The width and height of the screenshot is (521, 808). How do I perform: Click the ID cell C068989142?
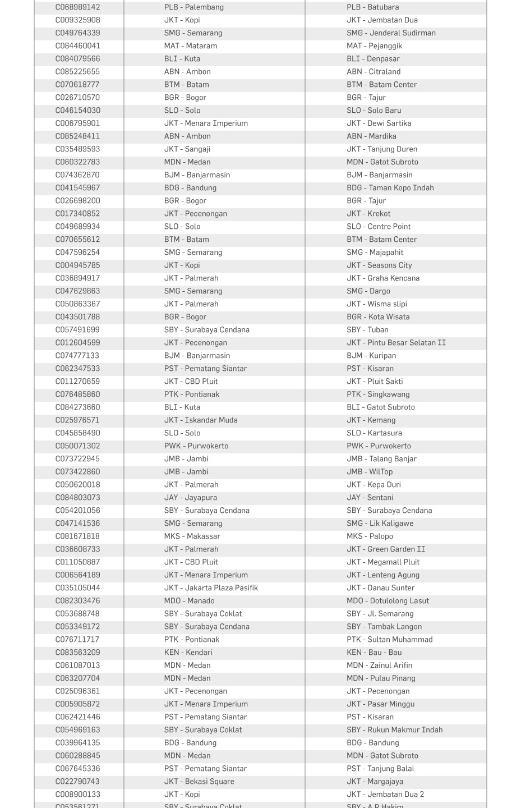(77, 7)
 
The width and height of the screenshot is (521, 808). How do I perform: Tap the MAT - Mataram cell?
(190, 46)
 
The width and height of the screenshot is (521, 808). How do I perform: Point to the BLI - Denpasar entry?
(373, 59)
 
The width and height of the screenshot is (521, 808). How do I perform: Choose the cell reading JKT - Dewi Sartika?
(379, 123)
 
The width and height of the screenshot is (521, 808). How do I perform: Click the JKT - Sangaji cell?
(187, 149)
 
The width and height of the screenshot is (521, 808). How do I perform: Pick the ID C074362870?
(77, 175)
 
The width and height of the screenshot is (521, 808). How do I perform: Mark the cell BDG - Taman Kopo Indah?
(390, 188)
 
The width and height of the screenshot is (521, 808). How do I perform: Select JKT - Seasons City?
(379, 265)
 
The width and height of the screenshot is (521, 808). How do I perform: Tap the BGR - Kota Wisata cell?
(378, 317)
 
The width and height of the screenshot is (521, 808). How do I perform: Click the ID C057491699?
(77, 330)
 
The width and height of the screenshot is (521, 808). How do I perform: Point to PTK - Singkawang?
(378, 394)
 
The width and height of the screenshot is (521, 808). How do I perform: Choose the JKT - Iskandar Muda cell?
(200, 420)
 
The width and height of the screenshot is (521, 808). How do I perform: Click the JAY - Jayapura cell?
(190, 498)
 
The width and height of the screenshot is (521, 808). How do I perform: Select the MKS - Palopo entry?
(370, 536)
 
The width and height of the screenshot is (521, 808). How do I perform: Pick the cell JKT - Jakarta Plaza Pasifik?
(211, 588)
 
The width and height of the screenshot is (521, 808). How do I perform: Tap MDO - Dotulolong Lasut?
(388, 601)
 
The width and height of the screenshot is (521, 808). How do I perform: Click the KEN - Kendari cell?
(188, 653)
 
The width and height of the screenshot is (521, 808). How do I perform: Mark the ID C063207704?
(77, 678)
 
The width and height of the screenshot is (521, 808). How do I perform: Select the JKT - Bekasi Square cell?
(199, 782)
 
